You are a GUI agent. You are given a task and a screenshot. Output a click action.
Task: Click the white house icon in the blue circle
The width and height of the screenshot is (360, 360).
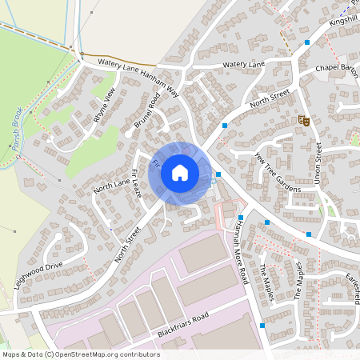tap(180, 172)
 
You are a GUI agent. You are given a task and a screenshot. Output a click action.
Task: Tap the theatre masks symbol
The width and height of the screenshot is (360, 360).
tap(303, 120)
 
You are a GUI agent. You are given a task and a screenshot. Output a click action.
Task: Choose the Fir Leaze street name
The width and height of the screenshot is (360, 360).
tap(136, 184)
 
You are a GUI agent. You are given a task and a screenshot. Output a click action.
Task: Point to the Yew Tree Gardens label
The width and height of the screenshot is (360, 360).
tap(277, 171)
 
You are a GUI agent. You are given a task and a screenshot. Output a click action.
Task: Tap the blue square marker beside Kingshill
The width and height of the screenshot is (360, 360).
tap(307, 42)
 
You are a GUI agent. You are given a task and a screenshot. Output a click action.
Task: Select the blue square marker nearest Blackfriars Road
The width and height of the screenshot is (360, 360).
tap(262, 326)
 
